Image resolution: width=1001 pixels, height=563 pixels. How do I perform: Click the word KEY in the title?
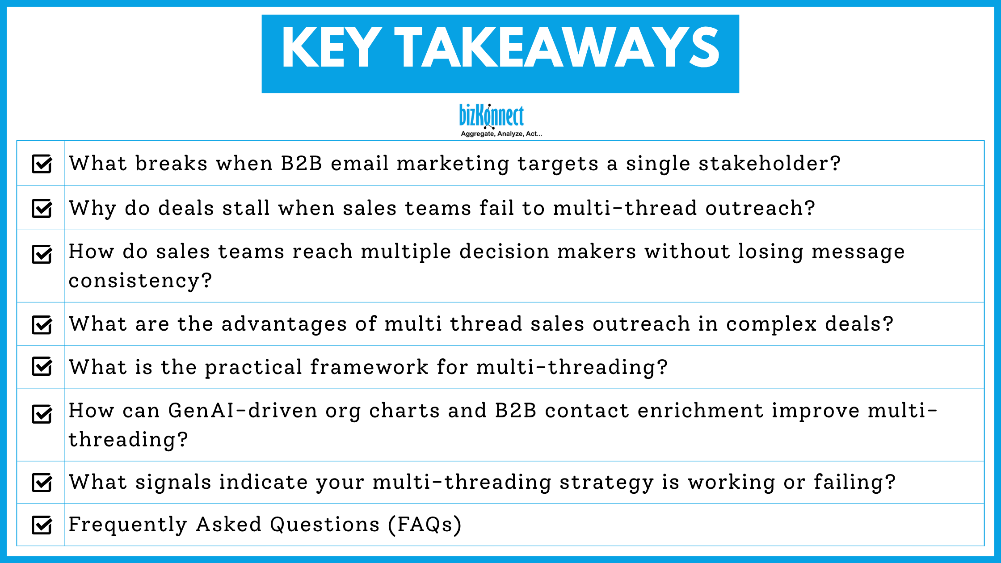tap(331, 48)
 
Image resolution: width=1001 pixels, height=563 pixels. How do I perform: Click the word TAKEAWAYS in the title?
tap(557, 48)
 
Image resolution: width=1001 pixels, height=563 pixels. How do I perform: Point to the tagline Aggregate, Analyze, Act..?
tap(501, 134)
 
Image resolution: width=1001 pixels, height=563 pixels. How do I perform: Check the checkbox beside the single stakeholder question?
tap(42, 164)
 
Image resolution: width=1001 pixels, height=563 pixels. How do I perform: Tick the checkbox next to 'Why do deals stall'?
tap(42, 208)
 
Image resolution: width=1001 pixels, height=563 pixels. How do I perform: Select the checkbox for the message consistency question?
tap(42, 254)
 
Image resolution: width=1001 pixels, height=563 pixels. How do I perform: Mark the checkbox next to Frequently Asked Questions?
tap(42, 525)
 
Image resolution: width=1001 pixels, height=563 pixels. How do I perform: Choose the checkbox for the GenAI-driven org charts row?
tap(42, 414)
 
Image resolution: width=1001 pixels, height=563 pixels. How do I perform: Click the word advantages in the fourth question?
tap(284, 324)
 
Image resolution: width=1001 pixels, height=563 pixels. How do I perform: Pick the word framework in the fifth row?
tap(369, 367)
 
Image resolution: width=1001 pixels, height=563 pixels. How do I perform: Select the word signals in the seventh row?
tap(173, 482)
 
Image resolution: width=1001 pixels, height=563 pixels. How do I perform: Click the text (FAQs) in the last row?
tap(425, 525)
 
